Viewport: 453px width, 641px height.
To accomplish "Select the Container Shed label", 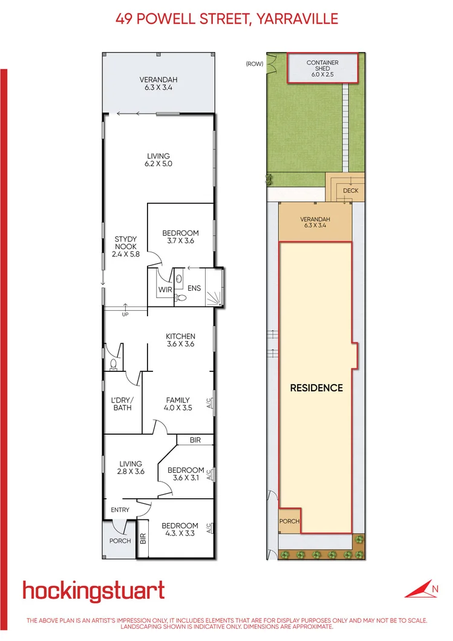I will (x=322, y=69).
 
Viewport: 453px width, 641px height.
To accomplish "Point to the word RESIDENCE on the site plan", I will (x=316, y=388).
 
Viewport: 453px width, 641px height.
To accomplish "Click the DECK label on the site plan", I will (x=351, y=190).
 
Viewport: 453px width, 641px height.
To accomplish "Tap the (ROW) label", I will (x=254, y=63).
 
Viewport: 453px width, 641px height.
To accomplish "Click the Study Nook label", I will (x=126, y=247).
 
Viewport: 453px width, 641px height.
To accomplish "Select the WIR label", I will (x=165, y=290).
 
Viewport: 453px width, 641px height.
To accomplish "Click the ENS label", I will (x=194, y=288).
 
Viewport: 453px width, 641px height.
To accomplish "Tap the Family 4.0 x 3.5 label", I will (x=178, y=404).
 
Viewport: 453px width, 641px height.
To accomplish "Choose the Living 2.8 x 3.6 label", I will (x=131, y=468).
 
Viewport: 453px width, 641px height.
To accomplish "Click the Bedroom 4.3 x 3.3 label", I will (x=180, y=530).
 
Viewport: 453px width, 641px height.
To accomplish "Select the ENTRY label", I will (x=120, y=510).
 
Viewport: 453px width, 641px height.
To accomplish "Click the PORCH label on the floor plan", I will (x=120, y=541).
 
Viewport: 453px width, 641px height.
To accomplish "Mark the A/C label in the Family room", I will (x=209, y=402).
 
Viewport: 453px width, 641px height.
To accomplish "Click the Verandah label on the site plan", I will (x=314, y=223).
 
